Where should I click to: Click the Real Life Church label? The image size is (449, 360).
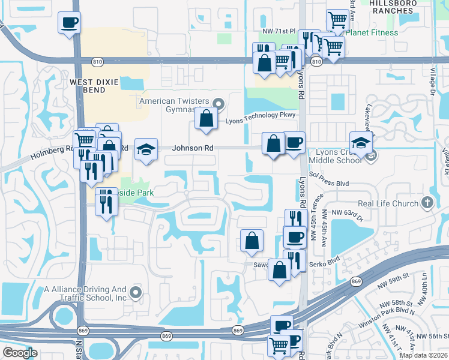[388, 203]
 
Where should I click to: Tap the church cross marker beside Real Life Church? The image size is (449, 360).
[427, 203]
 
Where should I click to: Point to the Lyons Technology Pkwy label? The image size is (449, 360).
[259, 117]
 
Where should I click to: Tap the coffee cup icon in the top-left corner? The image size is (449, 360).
[70, 23]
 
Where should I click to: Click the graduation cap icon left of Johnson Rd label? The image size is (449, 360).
[146, 149]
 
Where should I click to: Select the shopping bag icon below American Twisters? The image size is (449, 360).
[206, 118]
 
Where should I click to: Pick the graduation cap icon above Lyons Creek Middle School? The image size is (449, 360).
[361, 143]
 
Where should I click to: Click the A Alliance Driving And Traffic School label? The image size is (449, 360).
[86, 293]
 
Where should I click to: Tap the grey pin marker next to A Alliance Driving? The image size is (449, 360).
[135, 293]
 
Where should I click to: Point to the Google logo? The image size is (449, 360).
[19, 353]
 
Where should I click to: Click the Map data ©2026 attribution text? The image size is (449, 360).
[423, 355]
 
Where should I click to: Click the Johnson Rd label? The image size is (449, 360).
[193, 147]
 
